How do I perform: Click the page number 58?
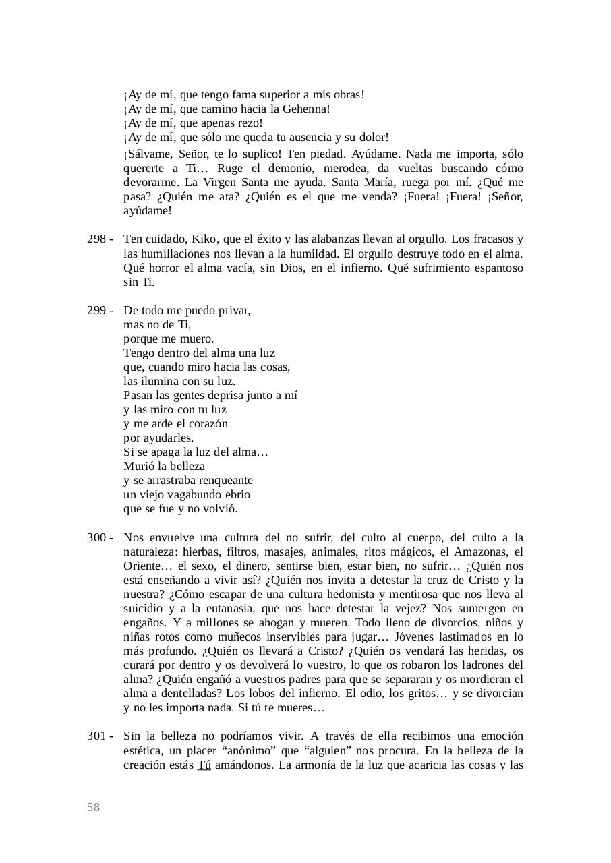click(x=93, y=807)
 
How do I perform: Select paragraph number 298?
click(x=96, y=239)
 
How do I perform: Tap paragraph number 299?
click(x=96, y=310)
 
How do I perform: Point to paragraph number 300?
click(x=96, y=537)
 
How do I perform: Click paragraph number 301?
click(x=96, y=736)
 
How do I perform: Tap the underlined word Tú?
click(x=204, y=765)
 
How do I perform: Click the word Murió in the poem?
click(x=138, y=466)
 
